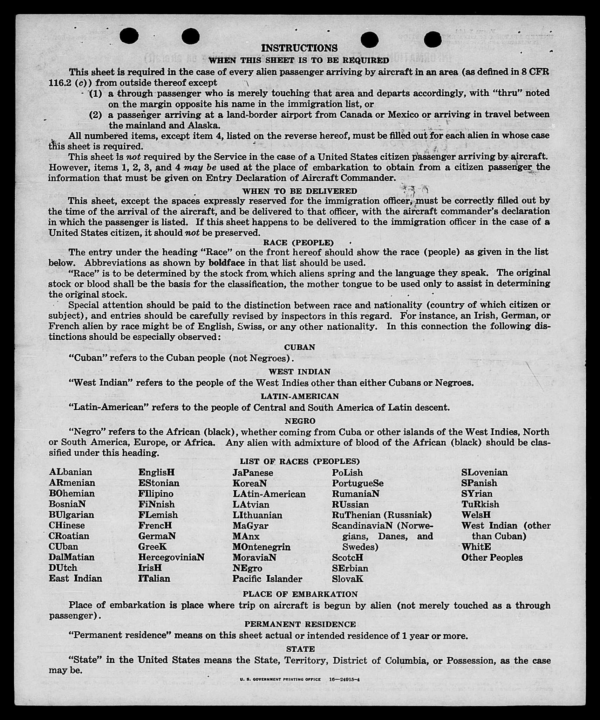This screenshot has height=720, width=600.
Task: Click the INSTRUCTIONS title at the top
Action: [x=299, y=48]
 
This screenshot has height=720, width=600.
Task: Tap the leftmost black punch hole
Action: [x=129, y=35]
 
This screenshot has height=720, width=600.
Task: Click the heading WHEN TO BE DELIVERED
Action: [x=299, y=191]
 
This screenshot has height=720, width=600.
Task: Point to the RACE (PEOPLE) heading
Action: [x=298, y=242]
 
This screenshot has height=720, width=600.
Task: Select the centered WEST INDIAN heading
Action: [x=299, y=372]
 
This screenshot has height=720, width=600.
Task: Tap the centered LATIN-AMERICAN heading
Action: [x=300, y=396]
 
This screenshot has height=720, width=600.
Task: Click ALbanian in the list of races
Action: [x=70, y=472]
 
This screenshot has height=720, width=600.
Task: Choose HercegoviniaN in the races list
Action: [x=171, y=557]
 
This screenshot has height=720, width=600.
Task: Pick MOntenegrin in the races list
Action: [x=261, y=547]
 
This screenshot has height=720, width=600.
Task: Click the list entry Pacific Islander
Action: [x=267, y=579]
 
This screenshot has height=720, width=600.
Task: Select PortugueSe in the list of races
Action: [x=357, y=483]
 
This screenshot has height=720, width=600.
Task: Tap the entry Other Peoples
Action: [x=492, y=558]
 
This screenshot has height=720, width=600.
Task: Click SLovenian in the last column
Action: [x=484, y=472]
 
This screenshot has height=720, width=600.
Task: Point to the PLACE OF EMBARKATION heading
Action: [x=300, y=594]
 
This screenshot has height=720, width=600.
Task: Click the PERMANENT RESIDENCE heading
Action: [x=300, y=624]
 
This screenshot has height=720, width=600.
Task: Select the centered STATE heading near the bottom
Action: [x=300, y=649]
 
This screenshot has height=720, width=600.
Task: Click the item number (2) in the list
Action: [x=95, y=115]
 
